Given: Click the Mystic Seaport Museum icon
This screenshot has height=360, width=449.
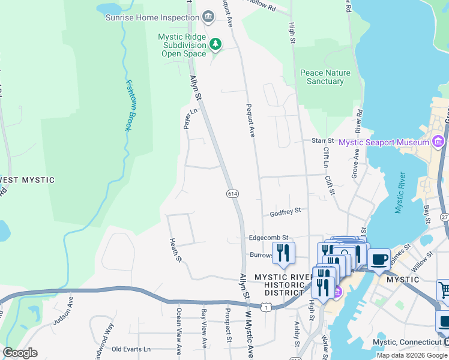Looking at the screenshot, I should point(438,142).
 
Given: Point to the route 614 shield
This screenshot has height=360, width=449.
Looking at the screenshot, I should point(233,193).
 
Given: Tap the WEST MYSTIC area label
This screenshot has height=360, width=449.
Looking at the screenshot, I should point(27,180).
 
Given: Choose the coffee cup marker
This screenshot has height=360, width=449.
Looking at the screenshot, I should point(379,260).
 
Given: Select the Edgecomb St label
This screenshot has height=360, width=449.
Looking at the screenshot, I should point(269,238).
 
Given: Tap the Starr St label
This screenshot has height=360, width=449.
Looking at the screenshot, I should point(322,140).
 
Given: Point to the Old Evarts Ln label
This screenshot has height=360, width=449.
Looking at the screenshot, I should point(131,349).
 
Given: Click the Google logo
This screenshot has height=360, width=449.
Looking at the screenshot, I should point(20,352).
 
